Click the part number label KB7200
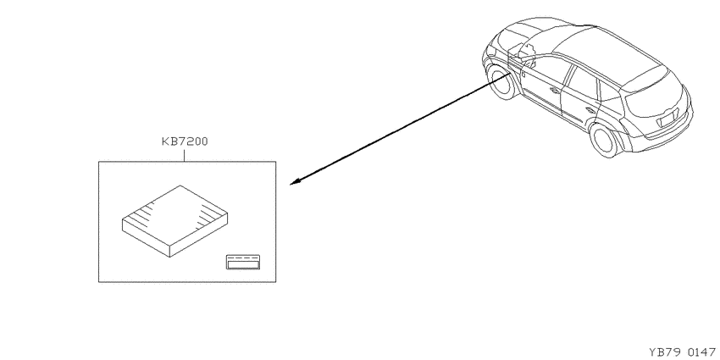tap(185, 141)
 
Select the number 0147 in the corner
tap(701, 352)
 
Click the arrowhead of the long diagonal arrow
tap(296, 182)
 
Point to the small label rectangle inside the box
tap(243, 262)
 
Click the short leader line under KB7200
tap(184, 155)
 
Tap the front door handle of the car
tap(555, 90)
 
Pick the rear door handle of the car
tap(590, 110)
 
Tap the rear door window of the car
tap(582, 83)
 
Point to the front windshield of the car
tap(535, 42)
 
